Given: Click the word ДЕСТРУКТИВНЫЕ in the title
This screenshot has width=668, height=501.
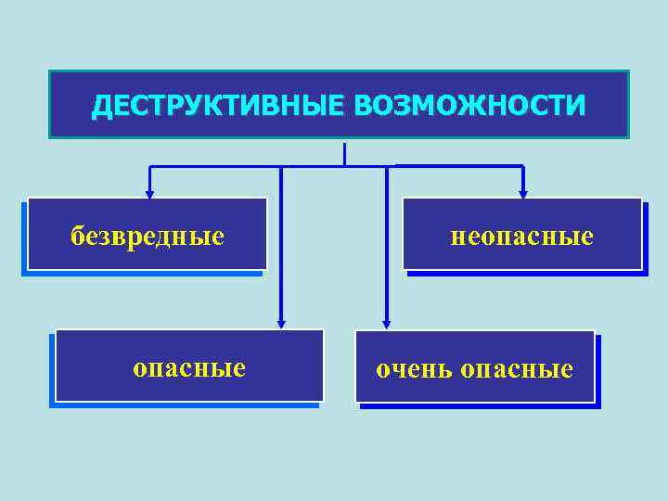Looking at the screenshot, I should [217, 106].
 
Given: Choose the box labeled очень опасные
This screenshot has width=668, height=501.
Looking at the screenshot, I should [474, 366].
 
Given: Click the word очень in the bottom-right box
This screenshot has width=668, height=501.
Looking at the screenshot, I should [413, 369].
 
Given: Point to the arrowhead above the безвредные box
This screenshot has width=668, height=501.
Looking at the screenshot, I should [149, 194].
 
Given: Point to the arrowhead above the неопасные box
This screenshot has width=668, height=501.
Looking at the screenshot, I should [522, 194].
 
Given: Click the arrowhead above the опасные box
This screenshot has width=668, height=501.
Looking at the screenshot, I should [281, 324].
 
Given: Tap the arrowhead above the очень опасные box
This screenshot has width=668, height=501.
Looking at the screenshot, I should [387, 324].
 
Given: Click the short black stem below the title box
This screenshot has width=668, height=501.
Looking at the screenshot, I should [344, 154].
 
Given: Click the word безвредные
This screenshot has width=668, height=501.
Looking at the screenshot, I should [148, 237].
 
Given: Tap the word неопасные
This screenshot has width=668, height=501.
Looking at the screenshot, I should [522, 237].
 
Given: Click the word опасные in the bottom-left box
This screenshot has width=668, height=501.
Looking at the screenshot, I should [189, 368].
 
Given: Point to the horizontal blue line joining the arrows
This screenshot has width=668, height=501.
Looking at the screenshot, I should [223, 167].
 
